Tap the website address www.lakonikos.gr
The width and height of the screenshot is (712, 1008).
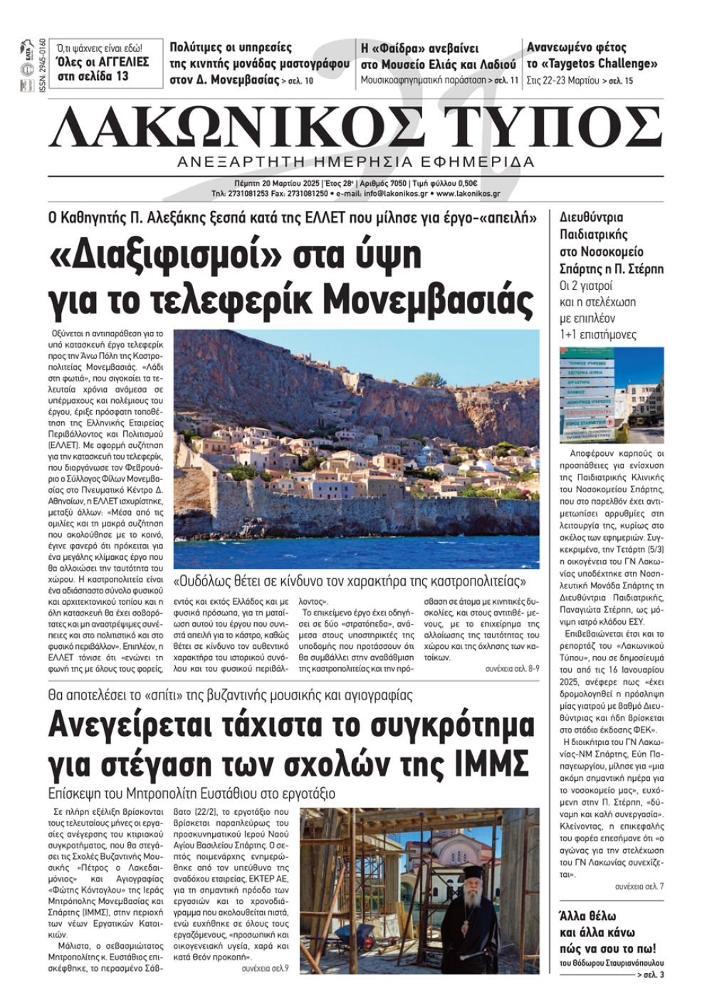(x=468, y=193)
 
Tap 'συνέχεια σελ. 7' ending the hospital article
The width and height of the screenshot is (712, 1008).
(x=639, y=886)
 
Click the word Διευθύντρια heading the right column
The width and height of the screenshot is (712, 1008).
(x=591, y=217)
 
